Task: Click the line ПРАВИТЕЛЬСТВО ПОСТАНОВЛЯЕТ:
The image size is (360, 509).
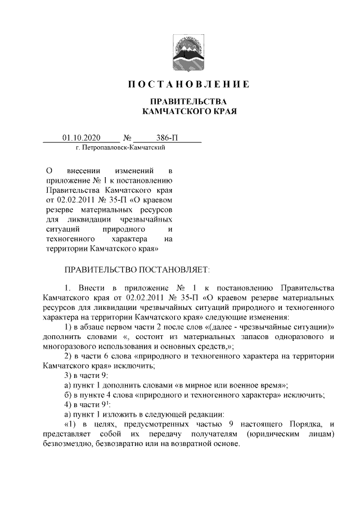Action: coord(136,270)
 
